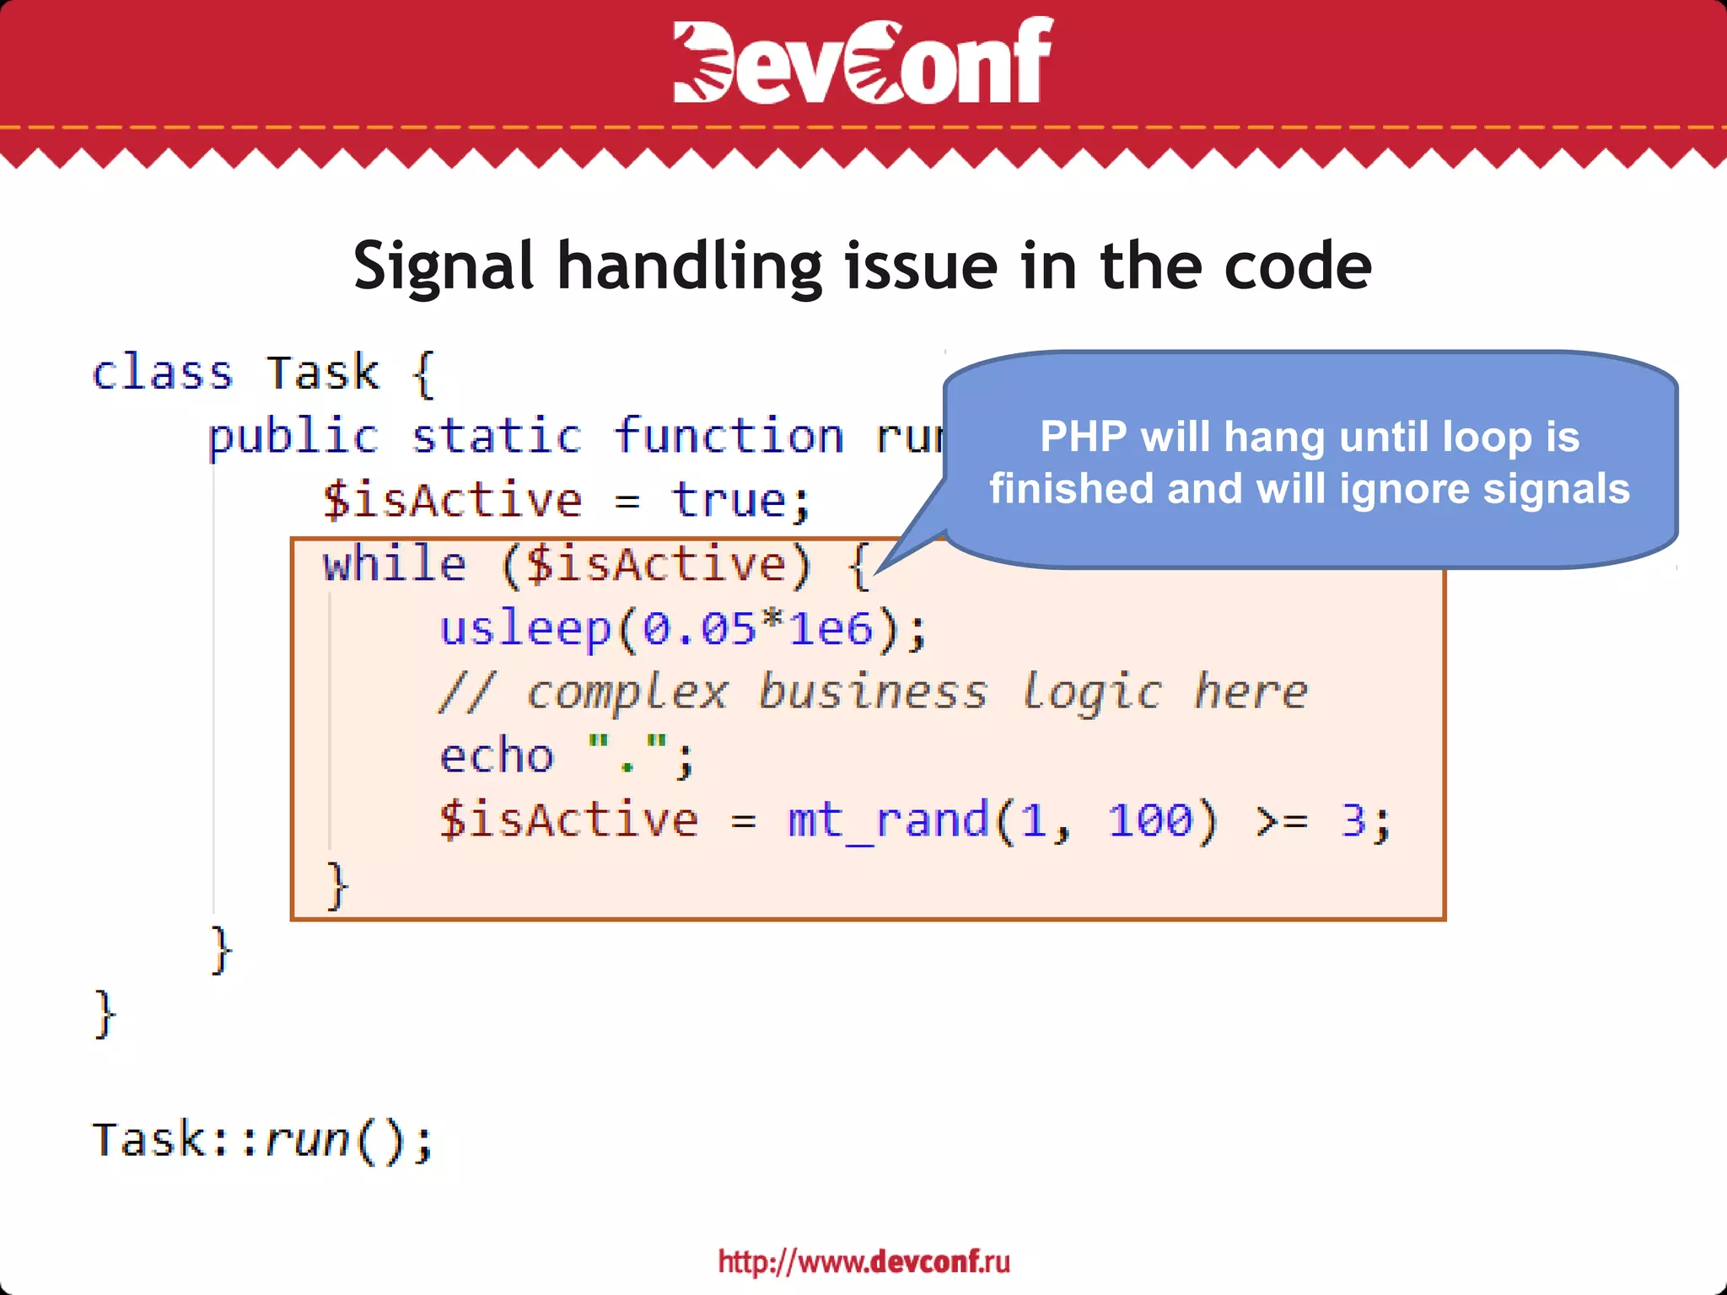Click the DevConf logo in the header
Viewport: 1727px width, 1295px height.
click(x=863, y=61)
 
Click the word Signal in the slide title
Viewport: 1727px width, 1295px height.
click(x=444, y=266)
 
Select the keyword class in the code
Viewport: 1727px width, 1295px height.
click(x=162, y=373)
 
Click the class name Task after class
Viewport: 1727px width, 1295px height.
click(x=323, y=373)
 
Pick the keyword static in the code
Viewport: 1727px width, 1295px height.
click(x=497, y=437)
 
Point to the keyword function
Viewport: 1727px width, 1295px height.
click(x=729, y=437)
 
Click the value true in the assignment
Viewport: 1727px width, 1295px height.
click(x=729, y=501)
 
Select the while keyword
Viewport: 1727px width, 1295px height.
click(x=394, y=564)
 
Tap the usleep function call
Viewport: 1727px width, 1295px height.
click(x=525, y=628)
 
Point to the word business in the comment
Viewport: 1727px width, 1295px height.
click(x=873, y=692)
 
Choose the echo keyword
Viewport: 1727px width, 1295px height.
click(x=497, y=755)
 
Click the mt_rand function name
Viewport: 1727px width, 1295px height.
click(x=888, y=819)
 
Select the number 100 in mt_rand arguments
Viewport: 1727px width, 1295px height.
click(x=1150, y=819)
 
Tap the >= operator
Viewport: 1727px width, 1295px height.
click(x=1282, y=820)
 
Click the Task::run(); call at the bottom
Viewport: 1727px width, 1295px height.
click(x=262, y=1140)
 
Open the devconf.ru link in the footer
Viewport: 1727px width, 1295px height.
click(x=863, y=1261)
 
